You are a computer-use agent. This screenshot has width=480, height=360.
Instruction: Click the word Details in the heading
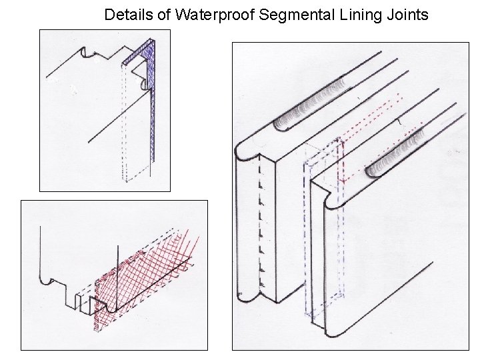tap(137, 15)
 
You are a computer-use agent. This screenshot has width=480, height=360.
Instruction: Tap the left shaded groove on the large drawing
tap(313, 103)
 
